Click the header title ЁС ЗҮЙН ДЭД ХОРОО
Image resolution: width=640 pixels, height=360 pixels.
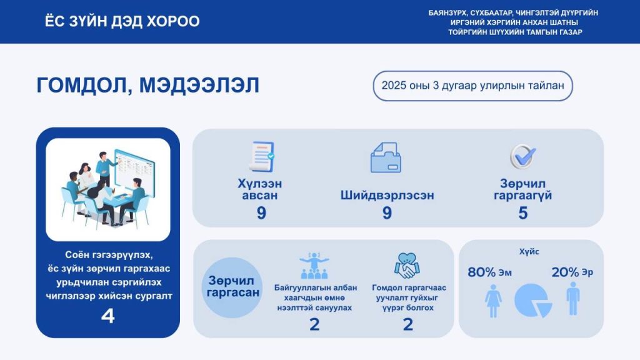coord(122,21)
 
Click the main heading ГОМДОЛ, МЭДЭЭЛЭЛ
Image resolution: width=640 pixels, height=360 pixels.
coord(147,86)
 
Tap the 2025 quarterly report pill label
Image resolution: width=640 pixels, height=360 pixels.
coord(472,86)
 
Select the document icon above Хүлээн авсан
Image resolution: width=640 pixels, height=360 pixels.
coord(261,156)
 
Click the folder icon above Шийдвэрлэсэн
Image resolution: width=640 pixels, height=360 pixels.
coord(386,157)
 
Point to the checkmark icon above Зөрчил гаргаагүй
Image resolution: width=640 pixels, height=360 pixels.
coord(521,156)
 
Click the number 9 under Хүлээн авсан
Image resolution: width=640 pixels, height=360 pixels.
coord(261,213)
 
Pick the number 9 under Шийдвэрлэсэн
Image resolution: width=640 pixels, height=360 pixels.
coord(387,213)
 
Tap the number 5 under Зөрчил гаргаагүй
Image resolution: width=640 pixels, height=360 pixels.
coord(522,213)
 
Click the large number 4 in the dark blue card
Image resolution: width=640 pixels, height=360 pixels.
coord(107,316)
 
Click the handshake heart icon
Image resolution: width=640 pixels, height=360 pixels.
coord(407,266)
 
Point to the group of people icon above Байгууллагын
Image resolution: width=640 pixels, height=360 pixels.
coord(314,266)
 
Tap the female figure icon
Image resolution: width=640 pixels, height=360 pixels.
coord(493,301)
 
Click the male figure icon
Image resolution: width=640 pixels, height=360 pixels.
coord(572,298)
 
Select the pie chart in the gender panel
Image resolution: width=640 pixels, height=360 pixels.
coord(532,301)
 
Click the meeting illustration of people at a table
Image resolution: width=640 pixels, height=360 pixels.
coord(108,189)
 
